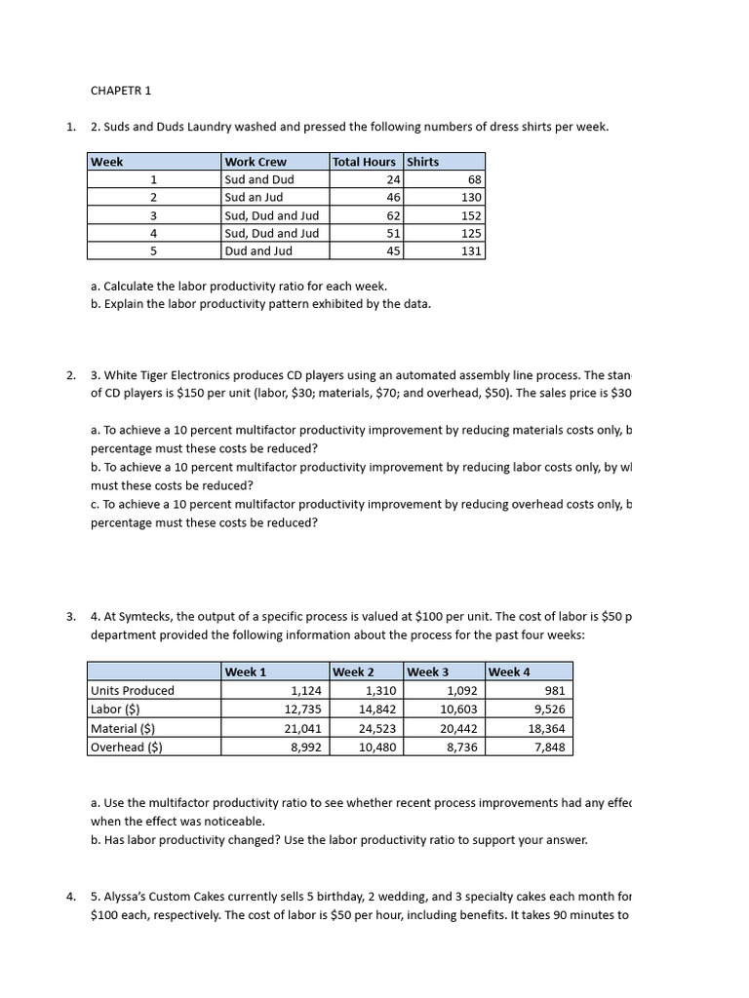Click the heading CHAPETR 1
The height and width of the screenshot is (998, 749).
coord(121,91)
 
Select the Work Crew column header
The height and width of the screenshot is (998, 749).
coord(256,162)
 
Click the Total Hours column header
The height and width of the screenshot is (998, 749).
coord(364,162)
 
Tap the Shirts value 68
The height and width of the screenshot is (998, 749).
coord(474,179)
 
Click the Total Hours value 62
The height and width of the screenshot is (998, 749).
coord(392,215)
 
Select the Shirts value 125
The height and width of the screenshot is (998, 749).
coord(470,233)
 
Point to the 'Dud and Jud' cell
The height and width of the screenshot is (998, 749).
coord(259,250)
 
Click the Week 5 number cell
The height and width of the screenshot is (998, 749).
coord(153,250)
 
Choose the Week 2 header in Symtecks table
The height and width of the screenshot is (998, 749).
coord(353,672)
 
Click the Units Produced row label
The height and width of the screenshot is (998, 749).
coord(133,690)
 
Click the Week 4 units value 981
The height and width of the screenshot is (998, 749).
coord(552,690)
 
